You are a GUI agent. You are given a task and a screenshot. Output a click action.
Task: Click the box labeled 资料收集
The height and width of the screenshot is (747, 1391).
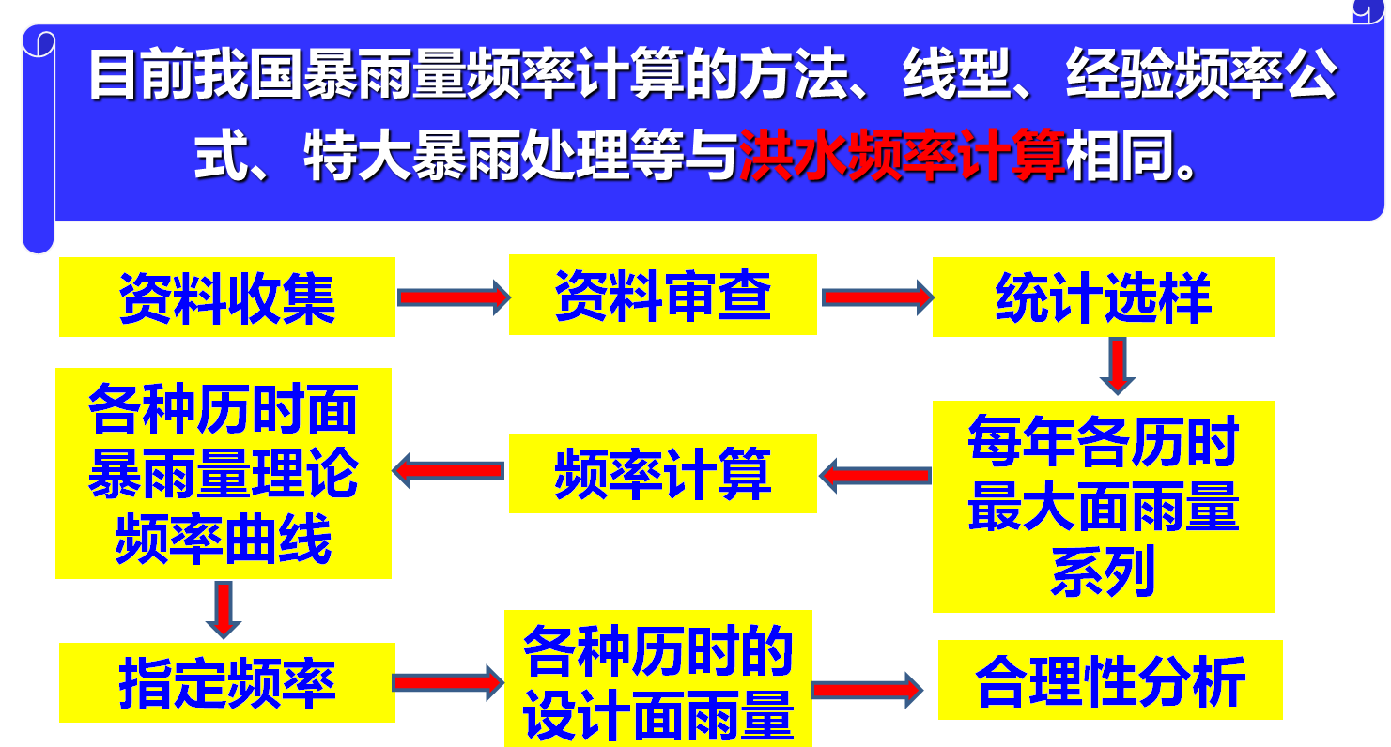226,297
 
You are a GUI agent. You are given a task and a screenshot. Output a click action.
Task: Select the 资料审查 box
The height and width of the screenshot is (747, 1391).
662,296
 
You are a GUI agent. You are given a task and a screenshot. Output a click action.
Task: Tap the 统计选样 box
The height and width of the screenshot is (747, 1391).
1103,297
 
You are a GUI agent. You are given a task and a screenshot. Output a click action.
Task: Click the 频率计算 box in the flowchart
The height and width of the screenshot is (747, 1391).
662,473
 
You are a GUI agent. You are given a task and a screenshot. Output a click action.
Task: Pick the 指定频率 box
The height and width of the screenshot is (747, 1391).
226,682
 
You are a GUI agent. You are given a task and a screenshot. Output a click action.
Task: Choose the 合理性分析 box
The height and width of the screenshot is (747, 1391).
1109,680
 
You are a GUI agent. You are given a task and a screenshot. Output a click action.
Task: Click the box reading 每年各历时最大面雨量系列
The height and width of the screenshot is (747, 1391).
1103,507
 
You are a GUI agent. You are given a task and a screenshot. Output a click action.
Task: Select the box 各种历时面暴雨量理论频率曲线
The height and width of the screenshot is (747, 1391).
224,473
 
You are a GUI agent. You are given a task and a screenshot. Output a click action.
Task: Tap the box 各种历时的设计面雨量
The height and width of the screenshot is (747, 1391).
657,678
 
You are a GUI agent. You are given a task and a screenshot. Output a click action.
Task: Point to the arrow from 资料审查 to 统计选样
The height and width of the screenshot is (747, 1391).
876,297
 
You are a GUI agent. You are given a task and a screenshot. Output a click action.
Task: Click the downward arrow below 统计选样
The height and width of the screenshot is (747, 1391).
1118,365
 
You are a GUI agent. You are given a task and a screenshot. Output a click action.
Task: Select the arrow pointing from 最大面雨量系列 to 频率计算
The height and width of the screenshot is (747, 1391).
874,475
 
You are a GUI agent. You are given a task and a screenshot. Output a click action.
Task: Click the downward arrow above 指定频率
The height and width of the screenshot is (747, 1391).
223,609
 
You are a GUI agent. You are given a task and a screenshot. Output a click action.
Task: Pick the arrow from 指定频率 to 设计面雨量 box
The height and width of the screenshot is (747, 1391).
448,682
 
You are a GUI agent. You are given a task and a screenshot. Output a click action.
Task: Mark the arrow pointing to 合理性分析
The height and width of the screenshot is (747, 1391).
866,689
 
